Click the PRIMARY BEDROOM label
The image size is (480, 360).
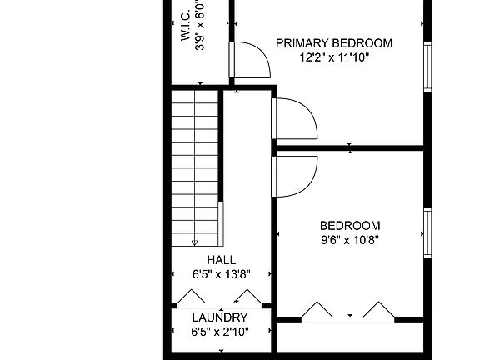[x=333, y=43]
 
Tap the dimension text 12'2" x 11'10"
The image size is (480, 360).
[x=333, y=58]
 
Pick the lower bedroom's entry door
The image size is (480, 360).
[x=296, y=175]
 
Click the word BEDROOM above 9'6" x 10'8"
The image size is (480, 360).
[x=350, y=226]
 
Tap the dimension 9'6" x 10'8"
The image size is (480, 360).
[x=350, y=241]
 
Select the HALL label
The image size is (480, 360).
[x=221, y=260]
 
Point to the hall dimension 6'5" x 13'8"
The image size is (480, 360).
[x=221, y=274]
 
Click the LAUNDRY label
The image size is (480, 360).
[x=220, y=317]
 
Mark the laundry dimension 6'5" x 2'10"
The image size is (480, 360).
[x=220, y=332]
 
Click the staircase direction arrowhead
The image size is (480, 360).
[x=195, y=242]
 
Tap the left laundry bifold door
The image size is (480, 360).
[x=193, y=297]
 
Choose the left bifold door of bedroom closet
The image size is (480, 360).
[x=317, y=310]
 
